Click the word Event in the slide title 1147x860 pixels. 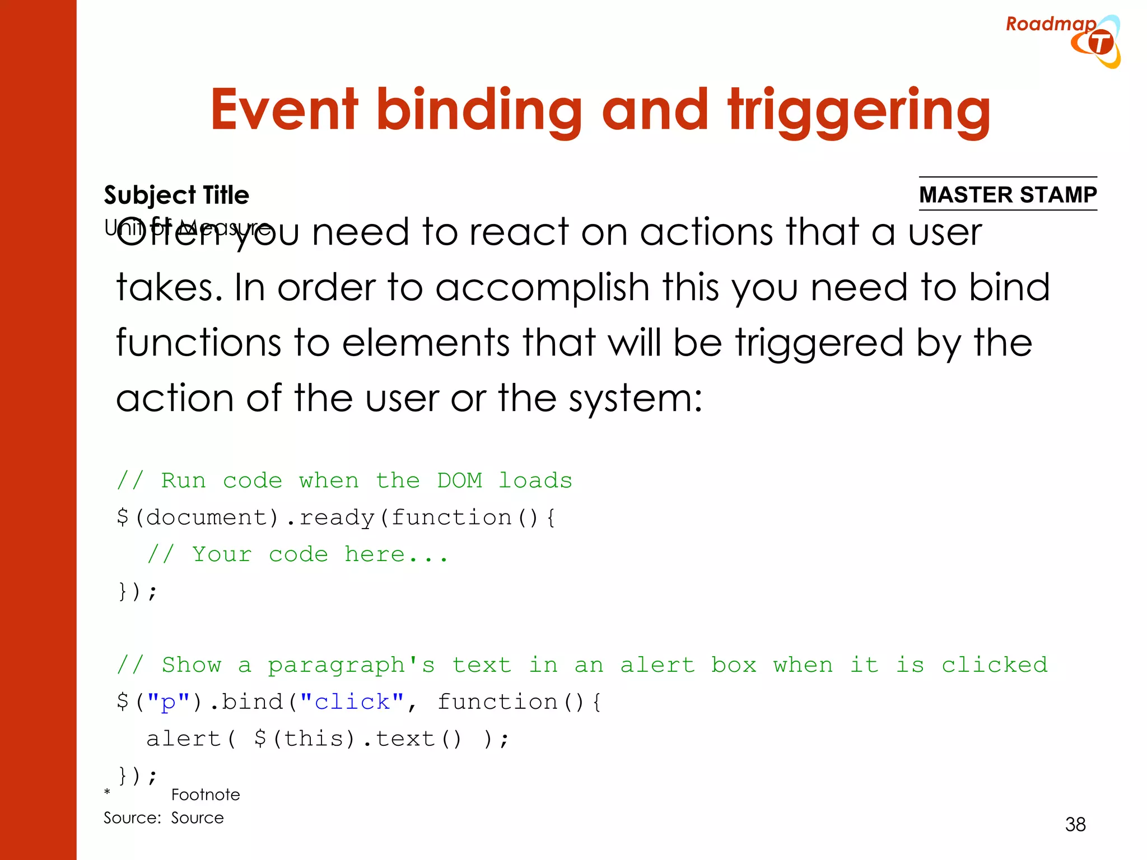(284, 110)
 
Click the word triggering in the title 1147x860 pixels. (859, 111)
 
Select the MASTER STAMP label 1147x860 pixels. (1008, 194)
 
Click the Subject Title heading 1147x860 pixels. (176, 195)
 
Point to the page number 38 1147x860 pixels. (1075, 824)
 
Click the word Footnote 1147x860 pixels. (206, 794)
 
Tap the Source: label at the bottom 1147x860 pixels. (132, 818)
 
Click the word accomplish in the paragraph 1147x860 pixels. (542, 288)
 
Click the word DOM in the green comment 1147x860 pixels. (459, 480)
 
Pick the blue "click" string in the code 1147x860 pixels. (352, 702)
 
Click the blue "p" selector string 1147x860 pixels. (168, 702)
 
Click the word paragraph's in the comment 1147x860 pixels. (351, 665)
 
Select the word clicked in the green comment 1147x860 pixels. (994, 665)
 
